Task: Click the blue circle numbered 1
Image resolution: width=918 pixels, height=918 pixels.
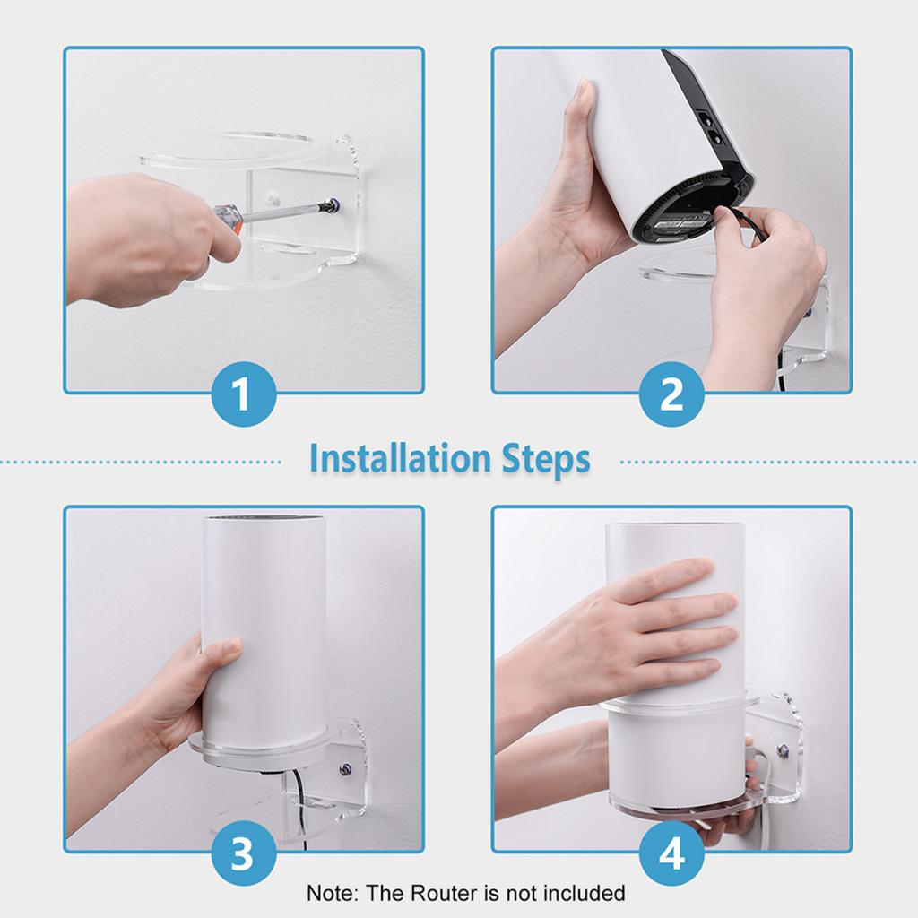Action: pos(242,394)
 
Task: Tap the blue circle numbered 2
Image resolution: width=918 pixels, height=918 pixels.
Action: pos(671,394)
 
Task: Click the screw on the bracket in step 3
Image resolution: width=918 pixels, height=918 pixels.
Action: pos(345,768)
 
